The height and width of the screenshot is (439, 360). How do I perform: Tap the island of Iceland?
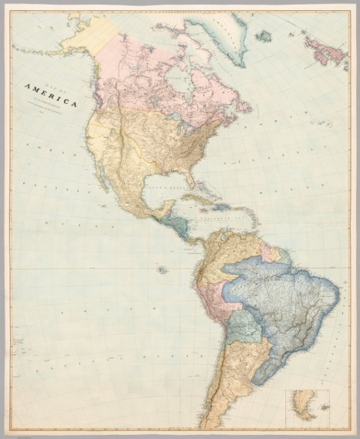[x=263, y=36]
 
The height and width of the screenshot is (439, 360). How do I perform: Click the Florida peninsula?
[x=191, y=178]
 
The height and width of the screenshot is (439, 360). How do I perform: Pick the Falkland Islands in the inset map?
[x=323, y=408]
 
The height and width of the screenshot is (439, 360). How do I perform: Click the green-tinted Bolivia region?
[x=244, y=325]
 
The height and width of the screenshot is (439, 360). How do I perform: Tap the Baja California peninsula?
[x=102, y=175]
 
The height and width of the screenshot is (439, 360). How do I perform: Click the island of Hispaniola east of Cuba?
[x=222, y=207]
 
